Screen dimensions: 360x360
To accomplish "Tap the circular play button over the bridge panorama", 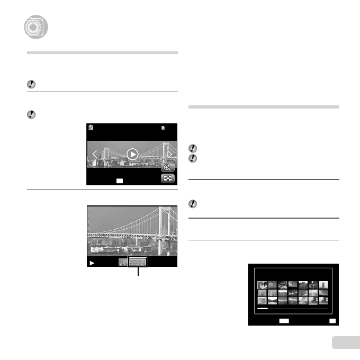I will [x=132, y=154].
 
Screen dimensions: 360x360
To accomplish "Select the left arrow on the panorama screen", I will [x=95, y=155].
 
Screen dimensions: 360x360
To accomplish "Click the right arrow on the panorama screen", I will [x=170, y=154].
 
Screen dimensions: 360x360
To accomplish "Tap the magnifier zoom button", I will [x=168, y=167].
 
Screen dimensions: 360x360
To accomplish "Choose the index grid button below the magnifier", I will [x=168, y=179].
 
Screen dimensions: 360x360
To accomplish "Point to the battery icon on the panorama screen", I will [x=91, y=128].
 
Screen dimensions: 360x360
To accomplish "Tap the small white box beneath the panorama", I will [x=120, y=181].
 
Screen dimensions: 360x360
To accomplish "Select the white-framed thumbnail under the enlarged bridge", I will [x=139, y=262].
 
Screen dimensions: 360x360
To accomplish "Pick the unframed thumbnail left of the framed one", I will [x=122, y=262].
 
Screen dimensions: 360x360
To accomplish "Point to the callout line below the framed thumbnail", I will [x=139, y=272].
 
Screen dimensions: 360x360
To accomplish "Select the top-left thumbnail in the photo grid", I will [x=262, y=285].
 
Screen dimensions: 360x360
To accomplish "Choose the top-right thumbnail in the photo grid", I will [x=323, y=285].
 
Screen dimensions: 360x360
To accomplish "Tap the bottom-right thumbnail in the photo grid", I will [x=323, y=300].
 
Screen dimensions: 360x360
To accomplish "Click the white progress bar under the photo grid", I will [x=263, y=308].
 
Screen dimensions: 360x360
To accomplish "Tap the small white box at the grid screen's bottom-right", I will [x=332, y=321].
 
